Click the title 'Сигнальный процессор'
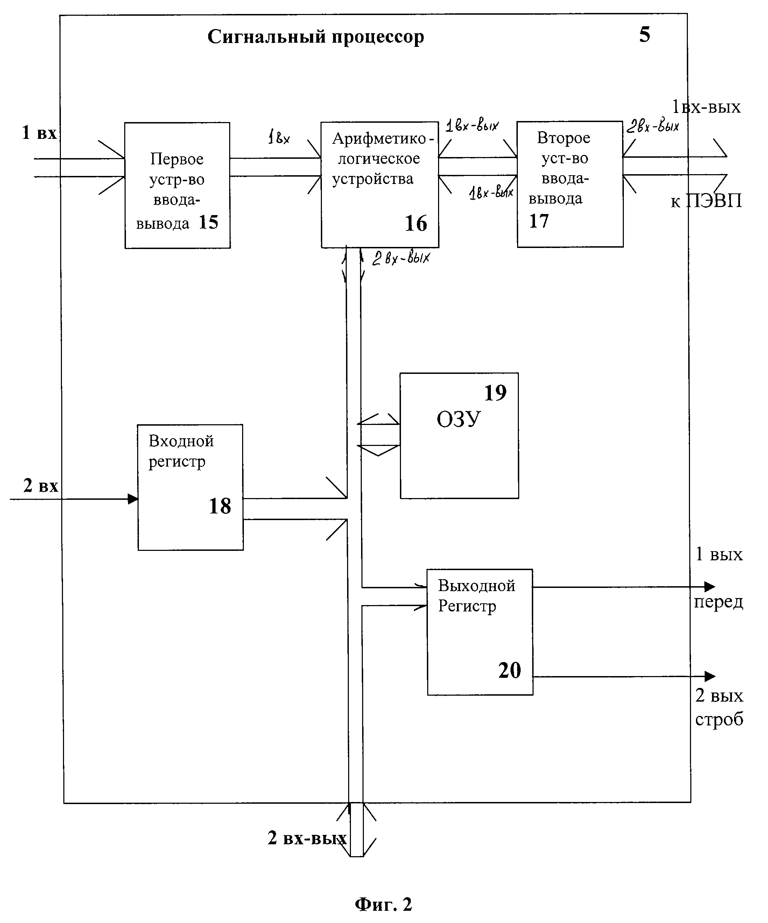316,37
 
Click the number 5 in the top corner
644,35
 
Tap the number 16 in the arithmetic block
415,224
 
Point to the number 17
539,221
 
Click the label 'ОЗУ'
458,419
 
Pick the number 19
495,393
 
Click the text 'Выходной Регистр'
476,596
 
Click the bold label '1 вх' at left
40,133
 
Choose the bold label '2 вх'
41,486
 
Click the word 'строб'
719,719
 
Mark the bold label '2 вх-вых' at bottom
307,838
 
